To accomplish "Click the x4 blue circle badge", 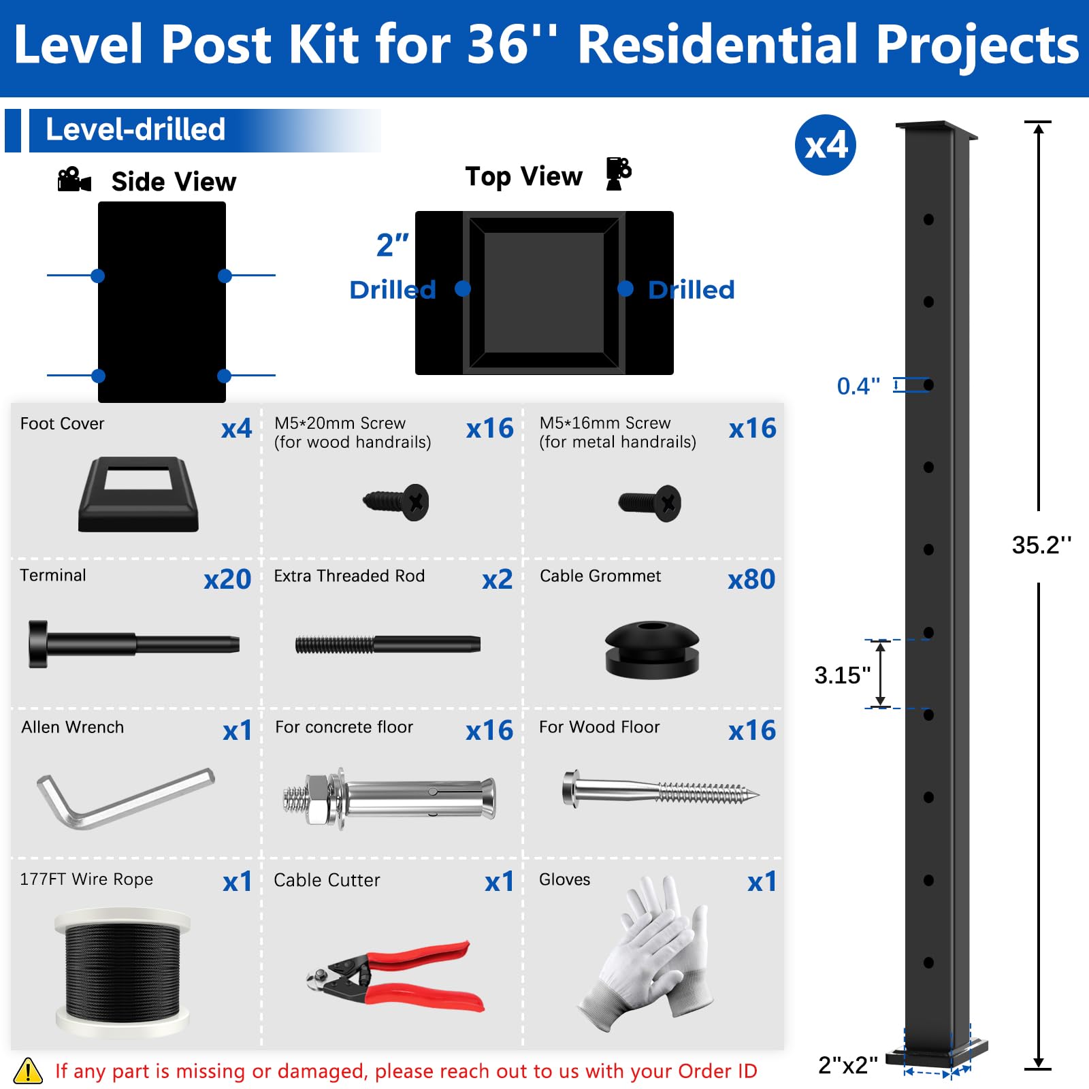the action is [825, 145].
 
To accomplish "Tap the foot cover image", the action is [138, 494].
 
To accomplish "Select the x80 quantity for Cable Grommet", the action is [751, 579].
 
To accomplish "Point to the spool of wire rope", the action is [123, 971].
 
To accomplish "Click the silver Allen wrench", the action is [125, 798].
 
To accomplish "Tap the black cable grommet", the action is [652, 650].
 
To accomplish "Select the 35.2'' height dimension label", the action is [1041, 545].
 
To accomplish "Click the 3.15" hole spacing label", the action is [843, 675].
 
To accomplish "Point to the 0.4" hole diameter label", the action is [858, 386].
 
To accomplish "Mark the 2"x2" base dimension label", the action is [847, 1064].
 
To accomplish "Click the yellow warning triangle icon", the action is [28, 1070].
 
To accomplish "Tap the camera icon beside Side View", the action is [74, 180].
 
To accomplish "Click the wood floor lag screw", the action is [660, 790].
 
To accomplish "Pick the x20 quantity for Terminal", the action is [227, 579].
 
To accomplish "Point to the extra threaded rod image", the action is [388, 644].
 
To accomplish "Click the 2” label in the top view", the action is [393, 245].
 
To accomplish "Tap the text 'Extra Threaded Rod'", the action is [349, 576].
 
